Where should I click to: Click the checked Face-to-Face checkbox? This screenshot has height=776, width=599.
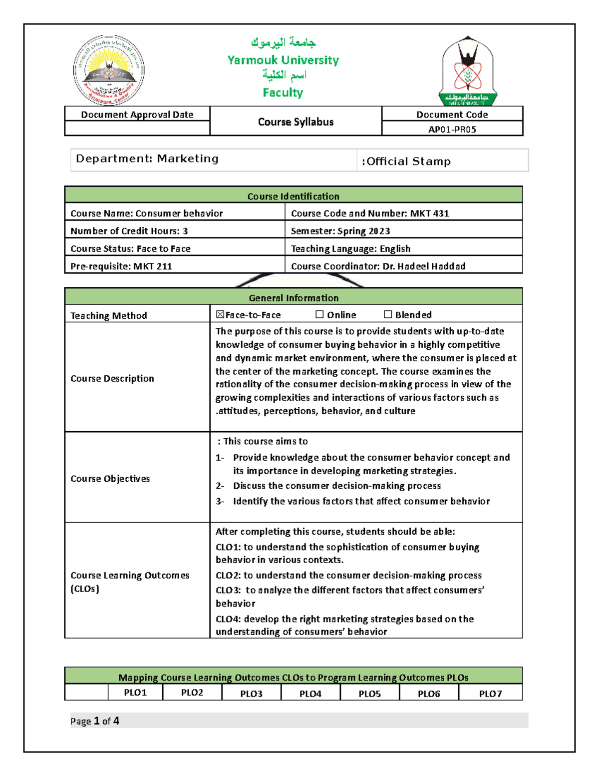220,315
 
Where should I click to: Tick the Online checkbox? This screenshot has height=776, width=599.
319,315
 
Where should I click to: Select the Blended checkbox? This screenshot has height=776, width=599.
388,315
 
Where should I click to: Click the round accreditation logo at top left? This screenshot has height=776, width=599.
109,70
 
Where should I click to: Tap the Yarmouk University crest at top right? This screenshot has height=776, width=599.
468,71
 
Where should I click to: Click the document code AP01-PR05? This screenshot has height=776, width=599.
452,129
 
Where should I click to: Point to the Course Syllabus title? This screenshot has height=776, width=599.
296,122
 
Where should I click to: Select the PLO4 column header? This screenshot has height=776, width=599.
310,694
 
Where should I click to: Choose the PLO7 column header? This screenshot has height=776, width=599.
490,694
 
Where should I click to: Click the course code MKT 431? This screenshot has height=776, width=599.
429,213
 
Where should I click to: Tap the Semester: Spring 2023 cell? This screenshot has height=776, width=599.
340,231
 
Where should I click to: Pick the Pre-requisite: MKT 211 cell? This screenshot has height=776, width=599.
121,266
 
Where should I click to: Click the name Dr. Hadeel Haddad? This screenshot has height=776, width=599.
424,266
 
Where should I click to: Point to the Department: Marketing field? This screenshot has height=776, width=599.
147,159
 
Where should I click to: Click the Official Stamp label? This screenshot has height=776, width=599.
406,161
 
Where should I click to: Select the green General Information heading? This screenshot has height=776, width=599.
294,298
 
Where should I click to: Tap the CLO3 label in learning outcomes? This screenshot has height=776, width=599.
228,590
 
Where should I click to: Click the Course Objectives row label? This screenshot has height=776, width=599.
110,479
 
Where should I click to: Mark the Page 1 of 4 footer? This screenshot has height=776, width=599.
95,721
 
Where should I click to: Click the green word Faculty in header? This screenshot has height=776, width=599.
283,92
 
